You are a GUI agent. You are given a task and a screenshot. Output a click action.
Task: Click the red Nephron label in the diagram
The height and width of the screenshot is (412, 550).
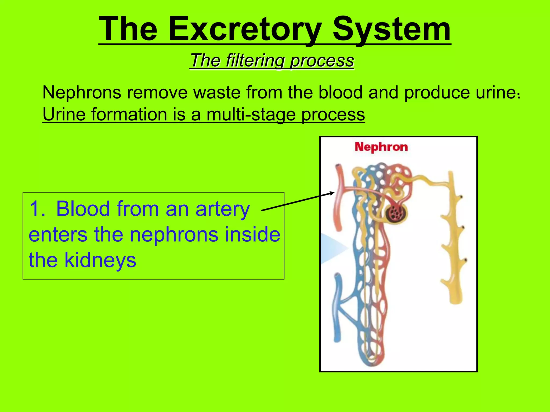click(x=381, y=147)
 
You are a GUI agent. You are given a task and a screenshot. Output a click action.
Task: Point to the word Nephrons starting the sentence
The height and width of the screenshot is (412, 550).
click(x=82, y=93)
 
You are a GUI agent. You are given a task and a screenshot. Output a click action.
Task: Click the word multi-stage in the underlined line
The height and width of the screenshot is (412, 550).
click(x=251, y=115)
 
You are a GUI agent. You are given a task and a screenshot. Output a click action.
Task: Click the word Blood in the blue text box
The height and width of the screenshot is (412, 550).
click(x=83, y=209)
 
